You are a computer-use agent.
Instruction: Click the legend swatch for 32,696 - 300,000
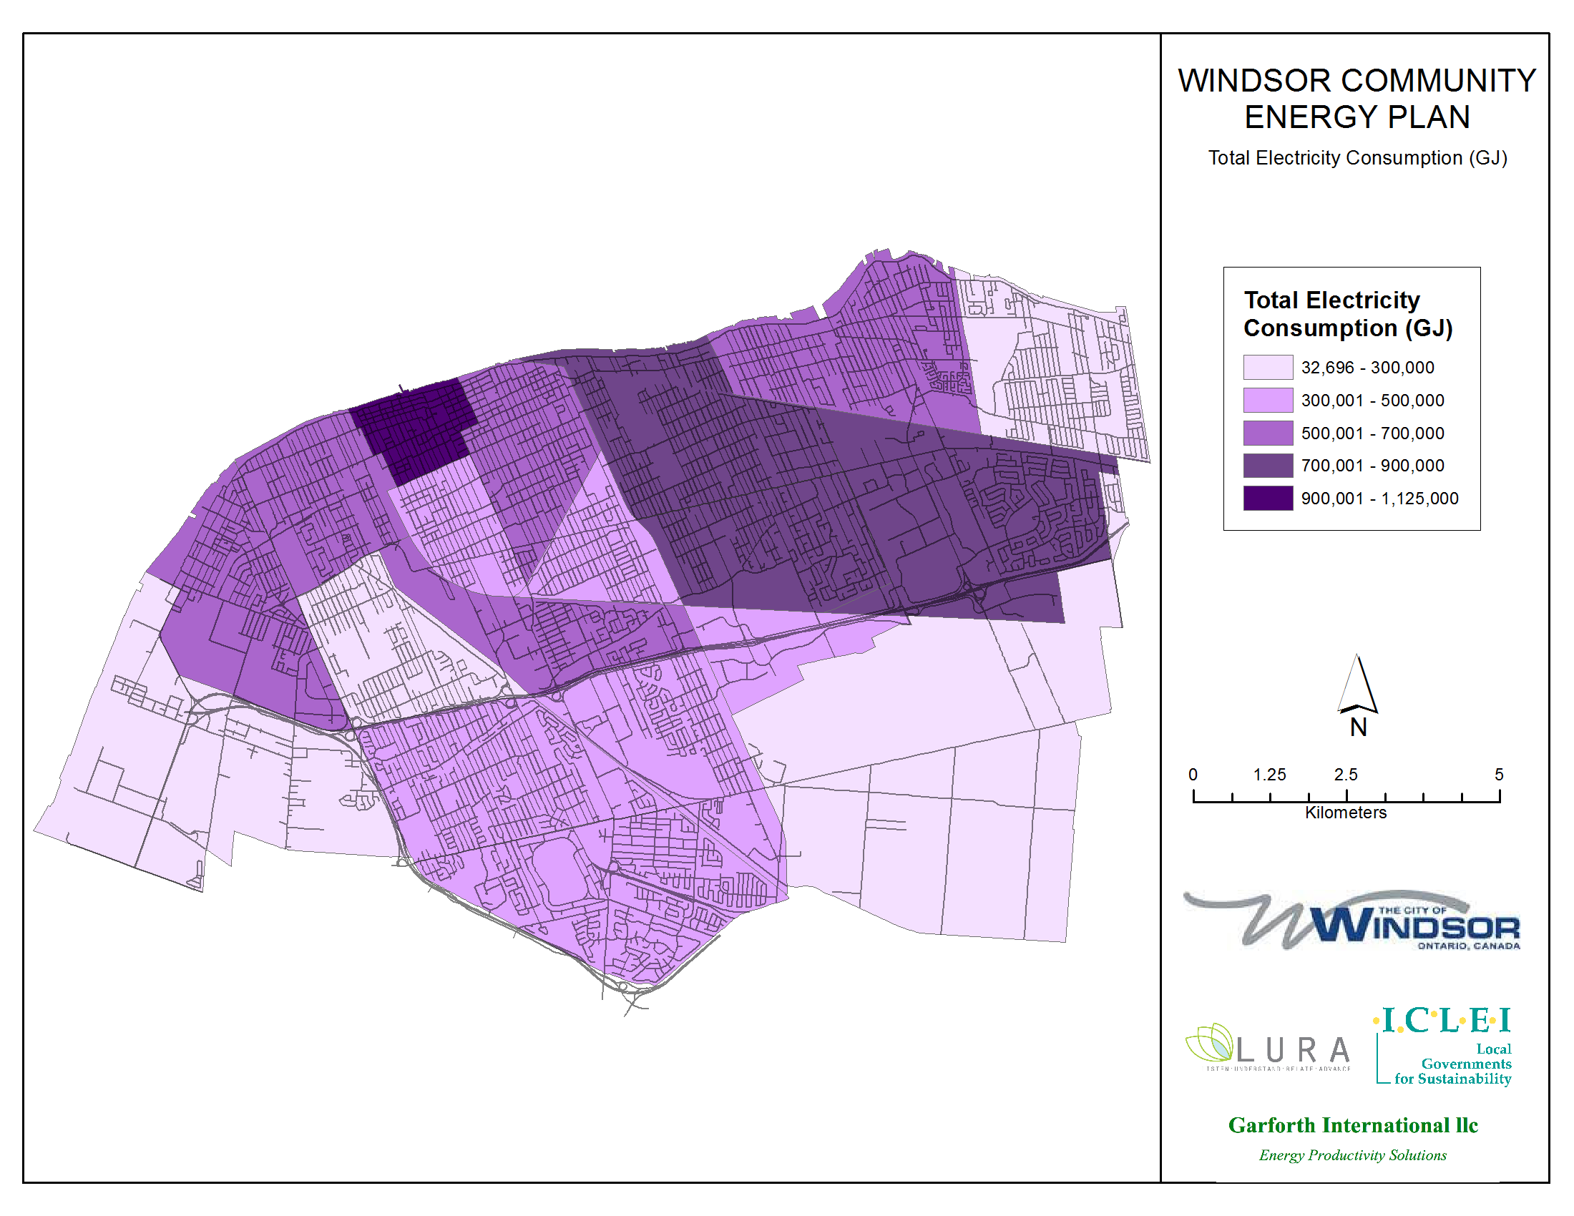point(1268,368)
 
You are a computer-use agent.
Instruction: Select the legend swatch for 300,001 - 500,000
point(1268,400)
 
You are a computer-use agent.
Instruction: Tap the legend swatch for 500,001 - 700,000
point(1268,433)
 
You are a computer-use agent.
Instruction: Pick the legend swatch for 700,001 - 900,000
point(1268,466)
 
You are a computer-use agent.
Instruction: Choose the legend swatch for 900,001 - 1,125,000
point(1268,499)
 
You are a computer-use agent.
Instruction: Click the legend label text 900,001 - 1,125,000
point(1379,499)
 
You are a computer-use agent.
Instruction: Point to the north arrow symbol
point(1358,685)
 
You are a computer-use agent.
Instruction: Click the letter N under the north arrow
point(1359,727)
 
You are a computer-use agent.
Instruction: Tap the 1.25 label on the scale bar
point(1269,775)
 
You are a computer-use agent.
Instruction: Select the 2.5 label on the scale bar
point(1346,775)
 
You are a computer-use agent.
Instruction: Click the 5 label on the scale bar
point(1499,775)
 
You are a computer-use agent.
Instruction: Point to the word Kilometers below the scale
point(1346,813)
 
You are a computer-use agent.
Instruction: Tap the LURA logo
point(1269,1048)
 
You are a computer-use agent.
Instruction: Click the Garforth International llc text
point(1353,1125)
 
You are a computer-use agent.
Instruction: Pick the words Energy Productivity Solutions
point(1353,1155)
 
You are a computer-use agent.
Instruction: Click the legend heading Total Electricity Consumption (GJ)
point(1348,314)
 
